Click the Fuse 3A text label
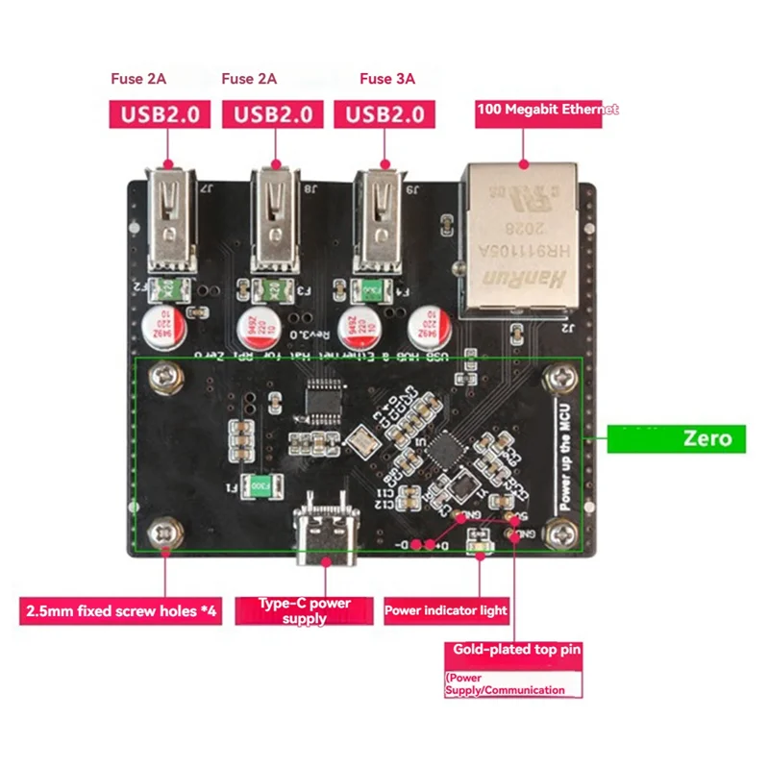point(387,79)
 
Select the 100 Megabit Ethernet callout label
point(547,110)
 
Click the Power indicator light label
point(446,610)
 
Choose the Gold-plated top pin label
point(517,651)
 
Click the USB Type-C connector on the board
point(325,534)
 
